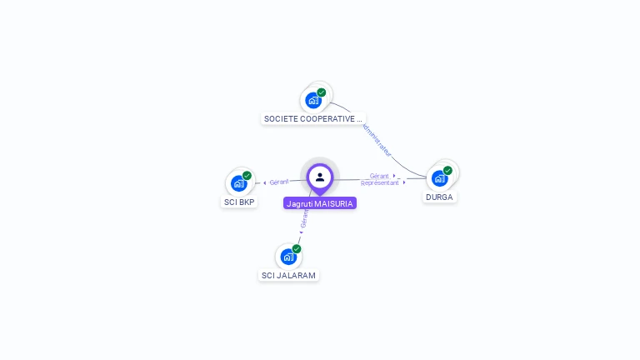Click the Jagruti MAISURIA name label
(320, 203)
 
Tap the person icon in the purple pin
(320, 177)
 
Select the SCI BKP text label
(240, 202)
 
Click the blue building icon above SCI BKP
(239, 183)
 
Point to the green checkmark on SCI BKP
(247, 176)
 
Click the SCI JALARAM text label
(288, 275)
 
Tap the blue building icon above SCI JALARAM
(288, 257)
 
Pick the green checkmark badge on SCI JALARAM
(297, 249)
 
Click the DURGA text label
(439, 197)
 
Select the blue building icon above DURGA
(439, 178)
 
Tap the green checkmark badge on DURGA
(447, 171)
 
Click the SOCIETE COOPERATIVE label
(312, 119)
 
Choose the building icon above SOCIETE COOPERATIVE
(313, 100)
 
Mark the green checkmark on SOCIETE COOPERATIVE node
(321, 92)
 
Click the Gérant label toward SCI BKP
(279, 182)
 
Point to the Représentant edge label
(379, 182)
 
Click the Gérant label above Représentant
(379, 176)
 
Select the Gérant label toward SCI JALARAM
(304, 219)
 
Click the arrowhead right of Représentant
(404, 182)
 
